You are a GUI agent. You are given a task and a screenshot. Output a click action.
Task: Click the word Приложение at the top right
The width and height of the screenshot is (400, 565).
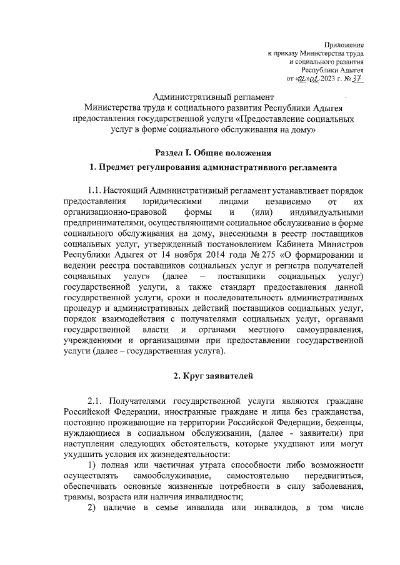click(x=345, y=44)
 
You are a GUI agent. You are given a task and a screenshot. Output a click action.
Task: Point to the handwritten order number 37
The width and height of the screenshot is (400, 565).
click(x=357, y=79)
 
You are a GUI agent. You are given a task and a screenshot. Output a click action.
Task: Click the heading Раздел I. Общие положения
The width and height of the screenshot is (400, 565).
click(x=212, y=152)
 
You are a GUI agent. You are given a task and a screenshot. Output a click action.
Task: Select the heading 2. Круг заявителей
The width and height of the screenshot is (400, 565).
click(x=212, y=376)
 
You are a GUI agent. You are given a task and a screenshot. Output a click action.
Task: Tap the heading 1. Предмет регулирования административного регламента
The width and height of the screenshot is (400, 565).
click(x=213, y=167)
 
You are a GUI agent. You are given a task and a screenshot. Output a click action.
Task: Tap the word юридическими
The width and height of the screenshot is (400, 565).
click(x=172, y=201)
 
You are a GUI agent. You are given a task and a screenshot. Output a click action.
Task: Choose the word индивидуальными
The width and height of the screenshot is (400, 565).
click(x=329, y=212)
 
